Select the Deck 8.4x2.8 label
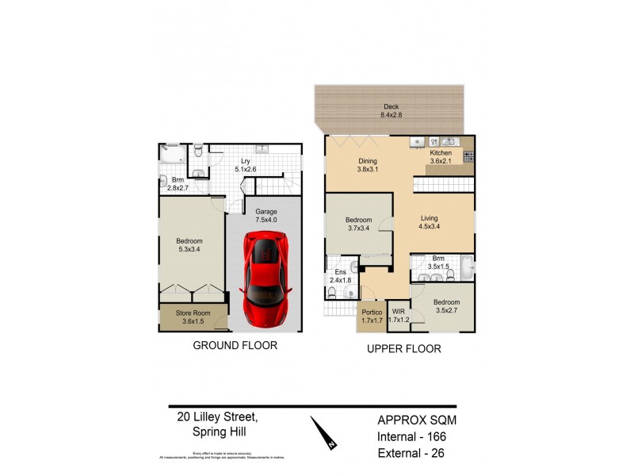pos(391,110)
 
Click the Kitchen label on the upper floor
pos(441,157)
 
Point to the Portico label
pos(372,317)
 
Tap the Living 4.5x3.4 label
pos(429,221)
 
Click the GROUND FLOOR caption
pos(235,346)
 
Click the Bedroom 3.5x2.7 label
pos(446,306)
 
